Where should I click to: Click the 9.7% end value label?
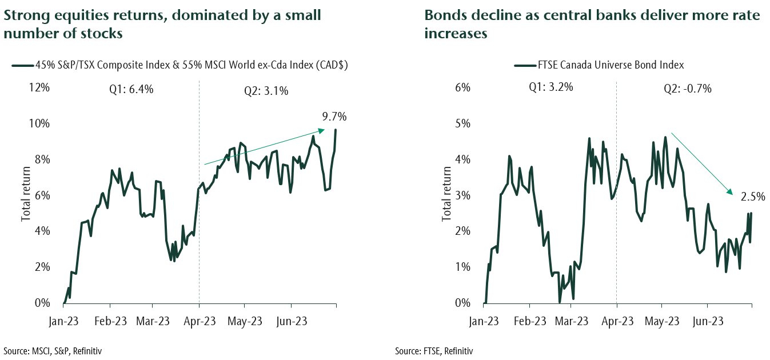click(x=334, y=117)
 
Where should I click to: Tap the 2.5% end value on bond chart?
click(x=753, y=197)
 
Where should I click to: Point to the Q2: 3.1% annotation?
click(x=269, y=90)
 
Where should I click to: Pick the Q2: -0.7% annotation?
click(x=687, y=89)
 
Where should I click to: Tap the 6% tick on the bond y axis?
click(x=462, y=87)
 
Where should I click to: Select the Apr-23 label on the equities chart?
click(x=199, y=321)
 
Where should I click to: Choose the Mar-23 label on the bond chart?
click(x=572, y=321)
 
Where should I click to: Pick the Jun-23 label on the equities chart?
click(x=291, y=321)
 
